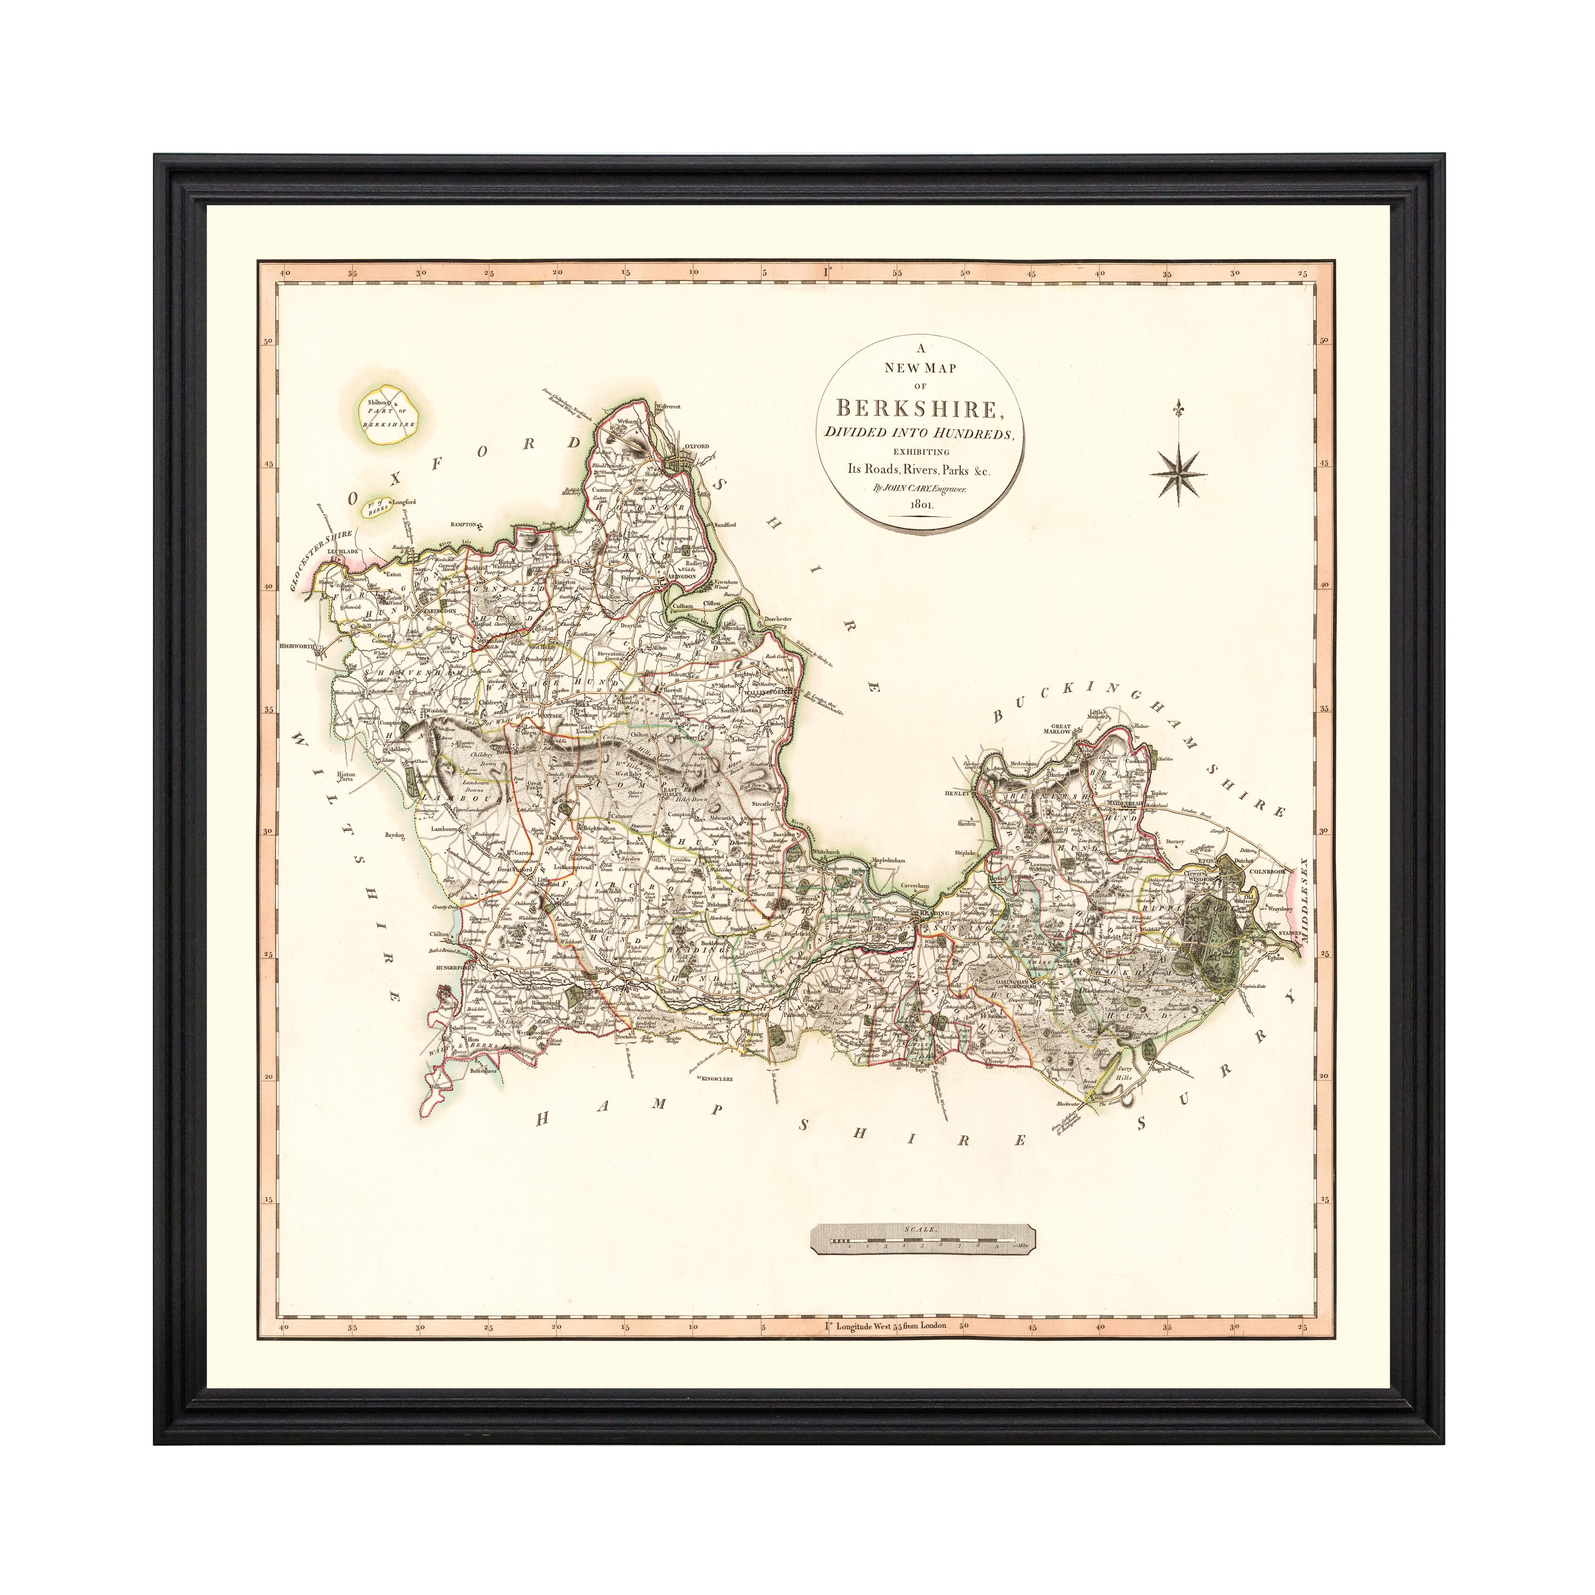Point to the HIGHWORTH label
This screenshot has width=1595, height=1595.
click(x=299, y=646)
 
